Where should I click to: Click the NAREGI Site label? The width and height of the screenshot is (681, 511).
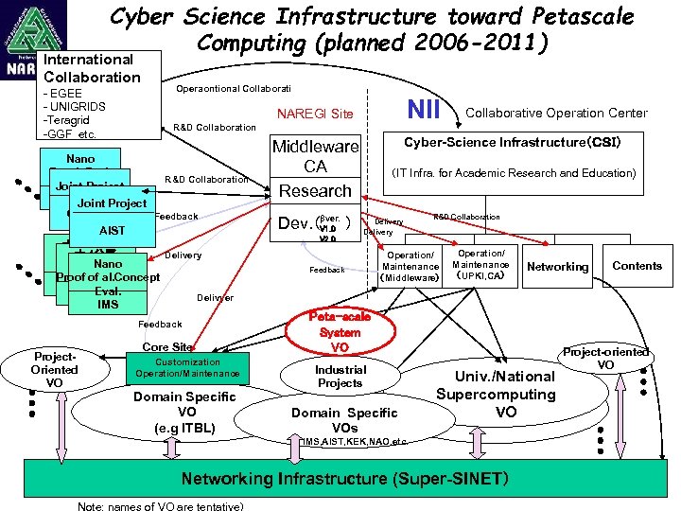315,115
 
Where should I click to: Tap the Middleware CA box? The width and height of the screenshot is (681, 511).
315,157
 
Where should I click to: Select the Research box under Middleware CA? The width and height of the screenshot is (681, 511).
315,191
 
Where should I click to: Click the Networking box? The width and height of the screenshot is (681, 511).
557,267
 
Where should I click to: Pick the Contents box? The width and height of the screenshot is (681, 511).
637,266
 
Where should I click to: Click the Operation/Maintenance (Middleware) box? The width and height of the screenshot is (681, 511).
410,267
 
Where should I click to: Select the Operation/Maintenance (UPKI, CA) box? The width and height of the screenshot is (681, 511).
481,266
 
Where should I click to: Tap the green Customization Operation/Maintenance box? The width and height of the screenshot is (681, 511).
187,368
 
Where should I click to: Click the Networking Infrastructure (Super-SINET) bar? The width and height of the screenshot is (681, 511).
345,478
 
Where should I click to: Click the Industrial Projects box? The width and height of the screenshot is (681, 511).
340,377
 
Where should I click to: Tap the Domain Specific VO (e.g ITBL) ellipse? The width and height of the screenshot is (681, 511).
186,413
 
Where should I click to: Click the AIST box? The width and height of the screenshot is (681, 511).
112,231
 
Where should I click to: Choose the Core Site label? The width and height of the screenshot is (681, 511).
167,347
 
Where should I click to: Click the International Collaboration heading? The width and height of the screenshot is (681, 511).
91,68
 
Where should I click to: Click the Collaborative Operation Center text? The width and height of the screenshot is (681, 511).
557,113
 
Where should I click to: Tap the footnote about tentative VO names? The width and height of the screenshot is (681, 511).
166,505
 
